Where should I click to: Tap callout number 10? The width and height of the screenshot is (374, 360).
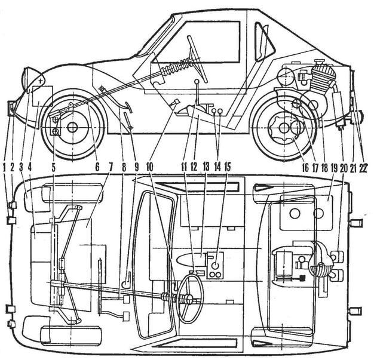(149, 168)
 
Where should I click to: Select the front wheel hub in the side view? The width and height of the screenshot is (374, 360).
(72, 127)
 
